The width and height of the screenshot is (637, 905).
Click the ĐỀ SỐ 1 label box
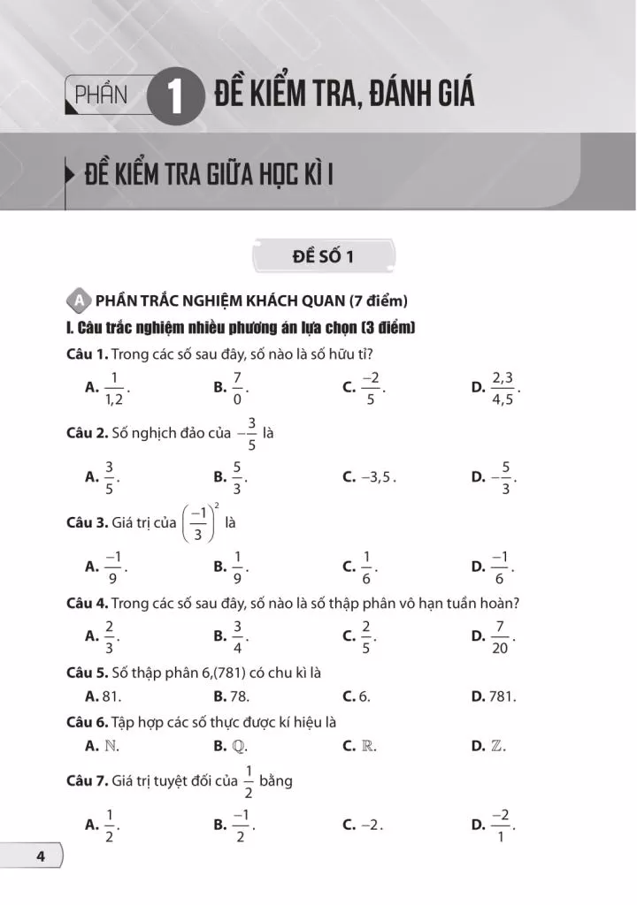(322, 257)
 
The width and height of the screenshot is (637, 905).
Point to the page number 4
(40, 856)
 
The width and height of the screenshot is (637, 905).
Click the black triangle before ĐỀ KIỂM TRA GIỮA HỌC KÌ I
(70, 172)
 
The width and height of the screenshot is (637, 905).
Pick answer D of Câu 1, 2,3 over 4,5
(503, 387)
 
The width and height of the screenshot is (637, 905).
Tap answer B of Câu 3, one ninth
(237, 567)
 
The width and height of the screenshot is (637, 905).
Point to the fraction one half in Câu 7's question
(249, 781)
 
